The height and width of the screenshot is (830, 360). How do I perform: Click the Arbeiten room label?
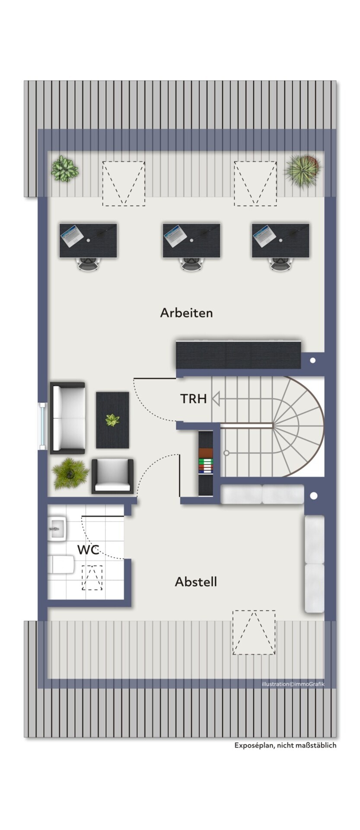[x=186, y=313]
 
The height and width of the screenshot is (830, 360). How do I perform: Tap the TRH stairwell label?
[x=193, y=399]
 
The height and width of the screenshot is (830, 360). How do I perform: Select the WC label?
[x=88, y=550]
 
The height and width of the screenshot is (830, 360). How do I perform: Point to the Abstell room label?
[x=196, y=582]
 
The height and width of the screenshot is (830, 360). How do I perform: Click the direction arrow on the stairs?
[x=216, y=399]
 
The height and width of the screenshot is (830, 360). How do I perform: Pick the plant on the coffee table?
[x=112, y=420]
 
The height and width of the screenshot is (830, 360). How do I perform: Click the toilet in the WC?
[x=61, y=564]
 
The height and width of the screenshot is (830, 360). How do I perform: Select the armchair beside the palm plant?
[x=112, y=476]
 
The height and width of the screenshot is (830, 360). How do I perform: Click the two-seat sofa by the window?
[x=68, y=418]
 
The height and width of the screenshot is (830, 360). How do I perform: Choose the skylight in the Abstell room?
[x=254, y=632]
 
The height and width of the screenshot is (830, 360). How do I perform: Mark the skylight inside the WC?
[x=92, y=578]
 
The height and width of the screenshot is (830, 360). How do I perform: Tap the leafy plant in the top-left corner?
[x=65, y=169]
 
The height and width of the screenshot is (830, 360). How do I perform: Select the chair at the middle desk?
[x=191, y=263]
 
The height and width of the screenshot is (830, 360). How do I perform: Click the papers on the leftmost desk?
[x=72, y=235]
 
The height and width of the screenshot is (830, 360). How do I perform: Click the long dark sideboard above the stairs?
[x=238, y=355]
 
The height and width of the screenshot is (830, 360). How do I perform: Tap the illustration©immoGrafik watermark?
[x=293, y=684]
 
